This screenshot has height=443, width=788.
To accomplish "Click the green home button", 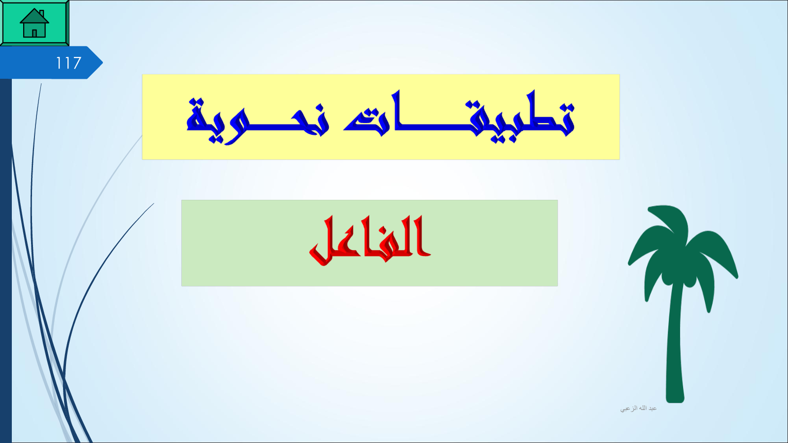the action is coord(34,23).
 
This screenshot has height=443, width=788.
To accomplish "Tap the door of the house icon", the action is coord(34,33).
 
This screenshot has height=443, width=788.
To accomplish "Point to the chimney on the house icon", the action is coord(42,13).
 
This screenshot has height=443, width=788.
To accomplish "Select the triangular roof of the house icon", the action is coord(34,16).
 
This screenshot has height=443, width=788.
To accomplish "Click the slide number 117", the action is coord(68,63).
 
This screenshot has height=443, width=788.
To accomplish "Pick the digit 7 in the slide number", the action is coord(77,63).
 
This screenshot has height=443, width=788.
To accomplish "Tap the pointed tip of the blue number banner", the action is coord(102,63).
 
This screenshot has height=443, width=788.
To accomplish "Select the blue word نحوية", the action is coord(258,121).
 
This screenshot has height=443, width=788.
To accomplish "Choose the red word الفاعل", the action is coord(370,241).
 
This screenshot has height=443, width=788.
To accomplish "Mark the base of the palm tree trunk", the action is coord(675,400).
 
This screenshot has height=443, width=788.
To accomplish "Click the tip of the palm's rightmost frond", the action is coord(737,277).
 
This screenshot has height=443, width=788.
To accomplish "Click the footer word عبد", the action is coord(652,408).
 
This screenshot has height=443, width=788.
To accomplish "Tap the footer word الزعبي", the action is coord(628,409).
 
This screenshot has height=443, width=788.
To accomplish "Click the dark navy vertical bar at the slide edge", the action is coord(5,260).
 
